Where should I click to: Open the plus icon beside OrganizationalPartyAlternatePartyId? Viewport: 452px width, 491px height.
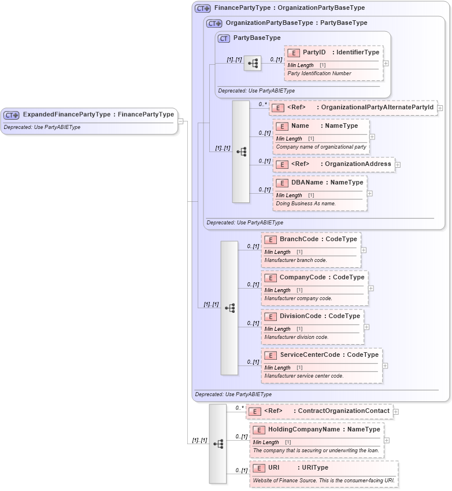440,108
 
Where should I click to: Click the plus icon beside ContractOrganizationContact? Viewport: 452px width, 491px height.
396,412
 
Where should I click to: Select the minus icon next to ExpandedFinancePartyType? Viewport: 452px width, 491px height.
180,121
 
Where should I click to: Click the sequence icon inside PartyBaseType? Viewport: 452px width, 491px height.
253,64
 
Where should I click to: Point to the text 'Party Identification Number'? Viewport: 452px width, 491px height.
319,73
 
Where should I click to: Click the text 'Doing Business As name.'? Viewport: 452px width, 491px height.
306,204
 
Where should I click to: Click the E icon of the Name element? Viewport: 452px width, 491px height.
282,126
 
